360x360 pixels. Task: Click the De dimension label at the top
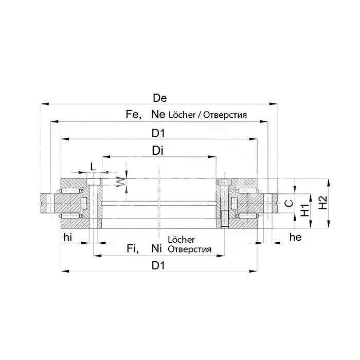pyautogui.click(x=160, y=98)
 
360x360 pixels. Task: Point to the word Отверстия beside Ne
pyautogui.click(x=225, y=115)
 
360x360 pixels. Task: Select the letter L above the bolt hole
pyautogui.click(x=93, y=166)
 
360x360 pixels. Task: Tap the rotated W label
pyautogui.click(x=120, y=183)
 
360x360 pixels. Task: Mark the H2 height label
pyautogui.click(x=322, y=203)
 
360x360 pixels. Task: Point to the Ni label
pyautogui.click(x=157, y=249)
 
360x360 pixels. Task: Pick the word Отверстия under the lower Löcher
pyautogui.click(x=190, y=250)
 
